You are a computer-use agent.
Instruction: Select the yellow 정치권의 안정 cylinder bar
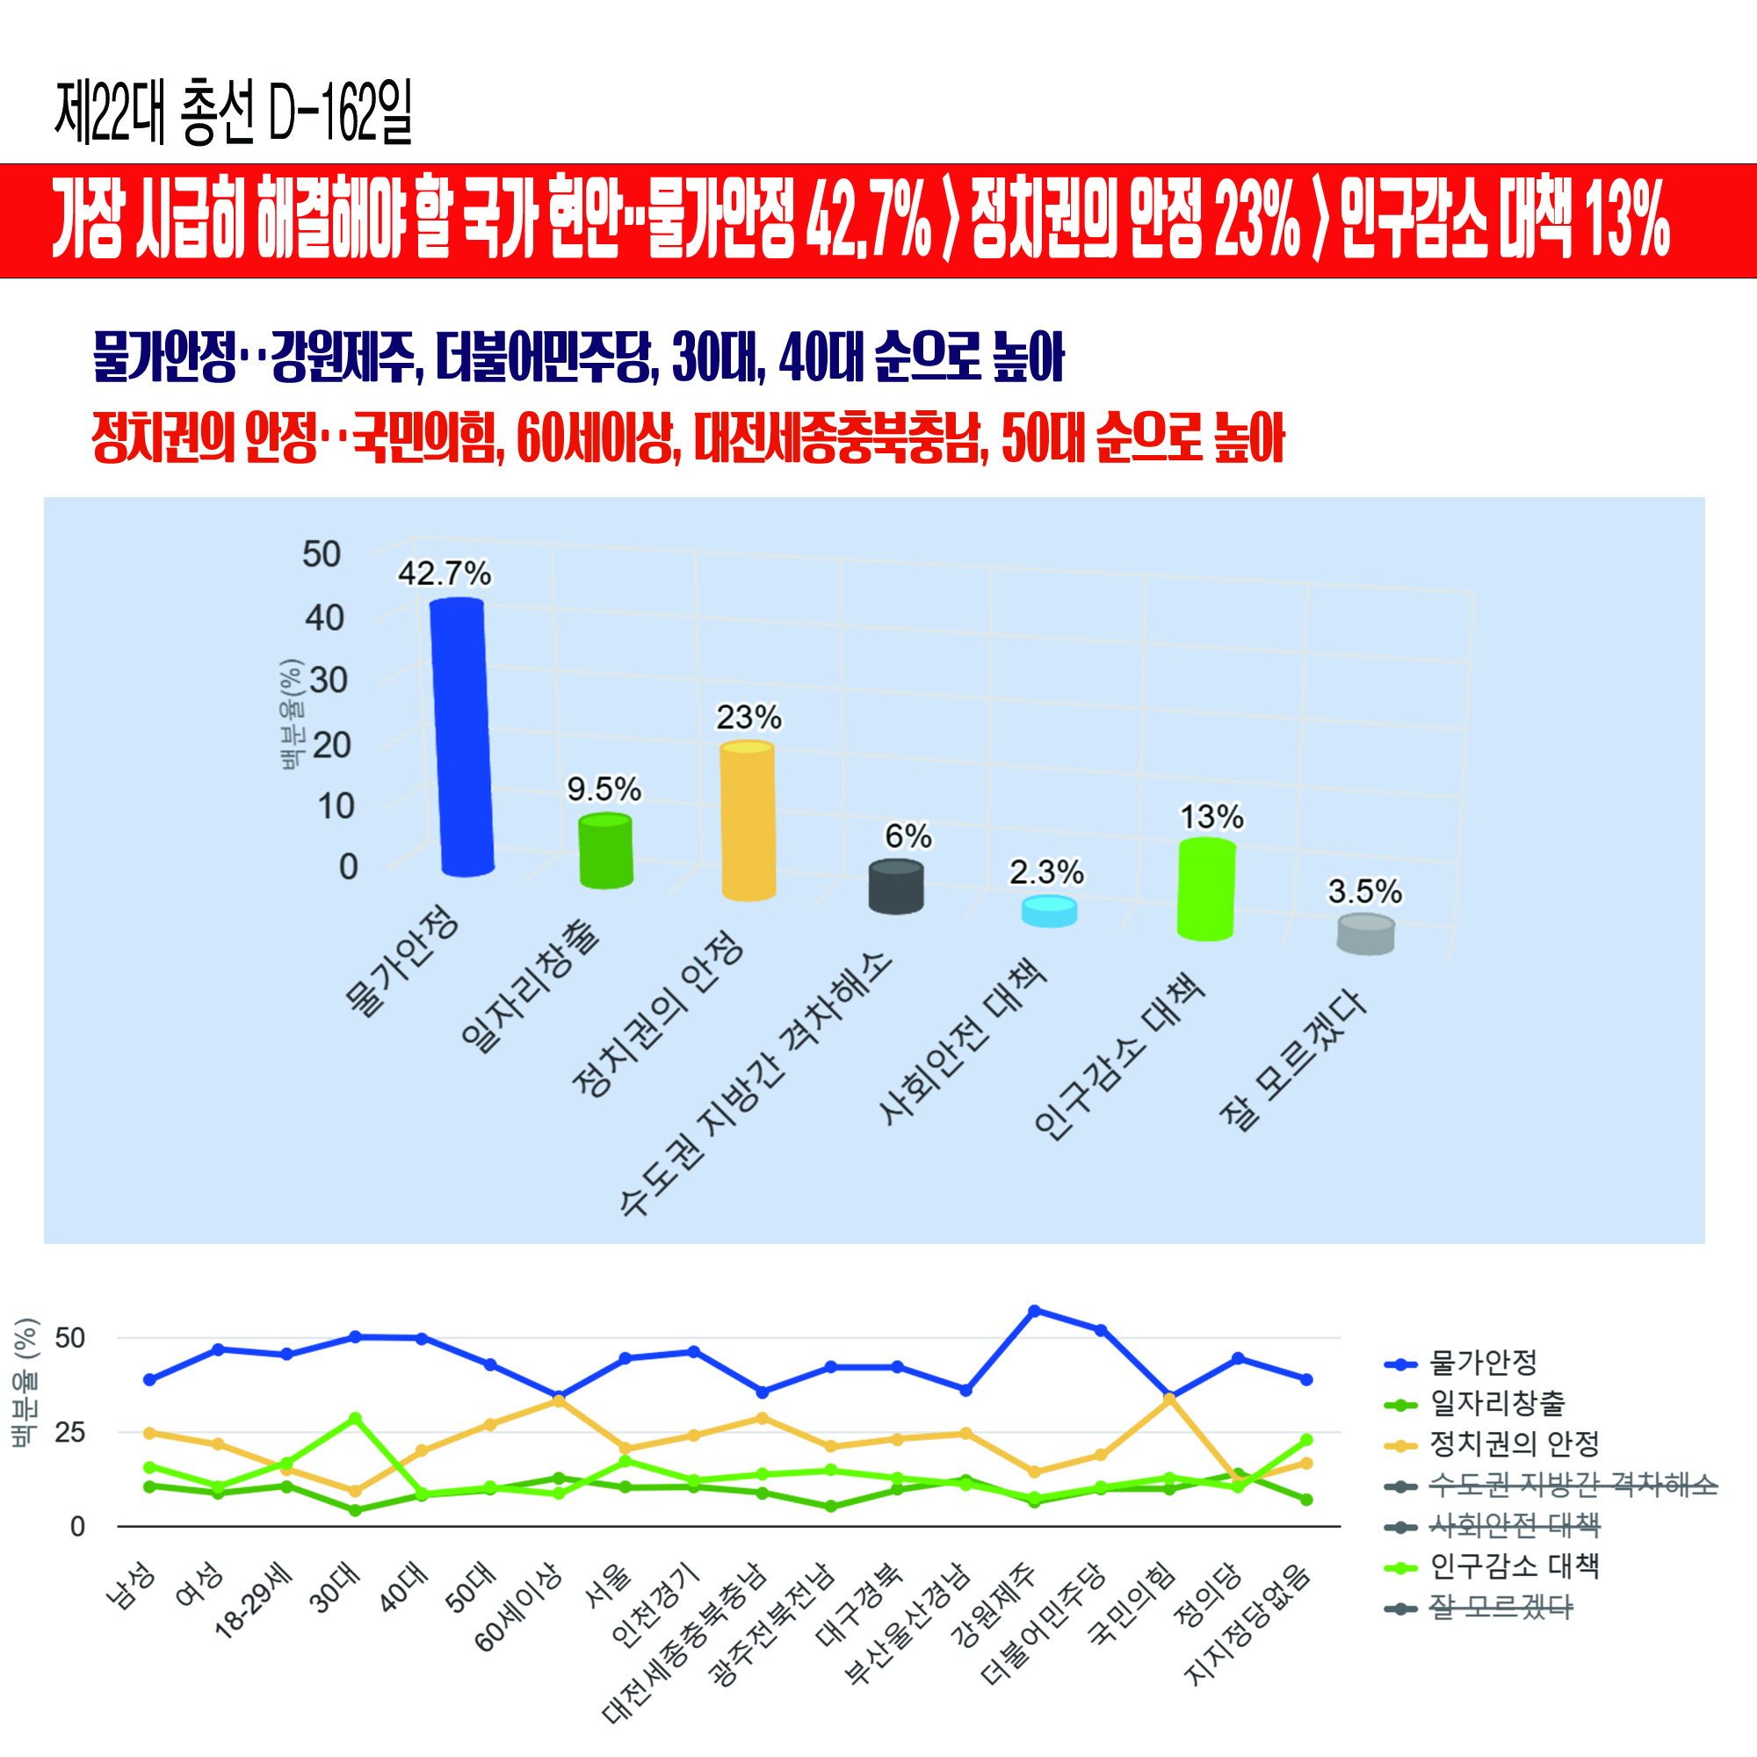tap(748, 821)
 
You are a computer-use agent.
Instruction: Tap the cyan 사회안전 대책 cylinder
tap(1049, 911)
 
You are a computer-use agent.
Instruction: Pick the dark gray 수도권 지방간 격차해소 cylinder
tap(896, 886)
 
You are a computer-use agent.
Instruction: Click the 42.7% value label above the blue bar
tap(445, 574)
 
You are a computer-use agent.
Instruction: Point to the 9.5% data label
tap(604, 789)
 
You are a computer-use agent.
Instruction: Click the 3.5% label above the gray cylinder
tap(1364, 891)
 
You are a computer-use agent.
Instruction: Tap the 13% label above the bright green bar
tap(1211, 817)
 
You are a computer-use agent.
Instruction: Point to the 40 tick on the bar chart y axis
tap(325, 618)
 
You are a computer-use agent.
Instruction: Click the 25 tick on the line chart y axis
tap(70, 1432)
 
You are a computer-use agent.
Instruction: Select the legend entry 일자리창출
tap(1497, 1403)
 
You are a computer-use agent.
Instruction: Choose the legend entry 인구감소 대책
tap(1515, 1566)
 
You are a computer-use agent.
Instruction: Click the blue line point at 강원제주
tap(1034, 1311)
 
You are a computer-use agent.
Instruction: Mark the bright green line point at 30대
tap(356, 1419)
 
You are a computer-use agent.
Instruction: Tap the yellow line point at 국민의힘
tap(1169, 1399)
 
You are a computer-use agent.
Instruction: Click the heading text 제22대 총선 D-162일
tap(234, 112)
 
